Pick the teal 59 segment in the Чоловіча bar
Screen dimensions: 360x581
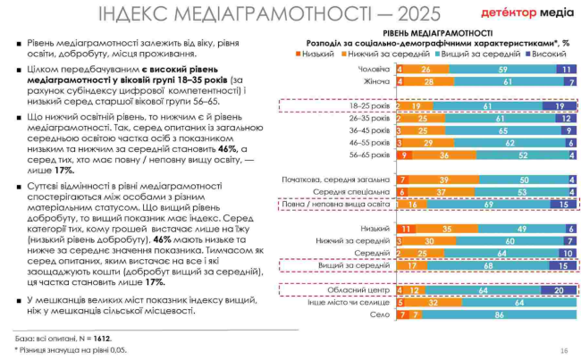(503, 69)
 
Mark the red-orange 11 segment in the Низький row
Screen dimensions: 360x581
(408, 229)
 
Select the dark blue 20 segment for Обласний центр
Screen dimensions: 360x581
(559, 289)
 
